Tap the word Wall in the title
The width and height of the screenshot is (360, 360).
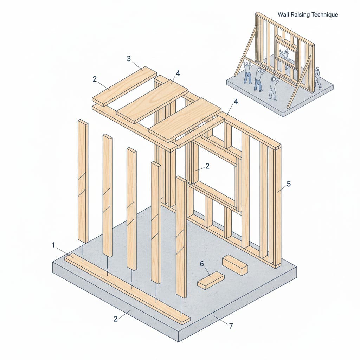[283, 15]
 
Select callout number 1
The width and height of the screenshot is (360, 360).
[53, 245]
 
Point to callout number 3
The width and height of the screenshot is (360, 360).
[128, 59]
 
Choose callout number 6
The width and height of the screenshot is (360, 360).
[202, 264]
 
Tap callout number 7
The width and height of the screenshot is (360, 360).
[231, 326]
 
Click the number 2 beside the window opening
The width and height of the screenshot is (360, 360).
[207, 166]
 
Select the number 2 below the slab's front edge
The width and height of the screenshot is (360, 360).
[115, 319]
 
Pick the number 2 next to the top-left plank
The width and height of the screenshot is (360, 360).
[95, 79]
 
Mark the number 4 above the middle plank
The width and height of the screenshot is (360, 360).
[178, 73]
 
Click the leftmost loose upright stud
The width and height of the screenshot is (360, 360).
[83, 181]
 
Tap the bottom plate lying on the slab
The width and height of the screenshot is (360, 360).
[127, 288]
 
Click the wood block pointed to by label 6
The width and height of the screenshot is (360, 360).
[211, 280]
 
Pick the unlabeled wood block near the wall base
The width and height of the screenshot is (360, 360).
[235, 265]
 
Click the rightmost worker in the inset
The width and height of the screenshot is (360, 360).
[317, 78]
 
